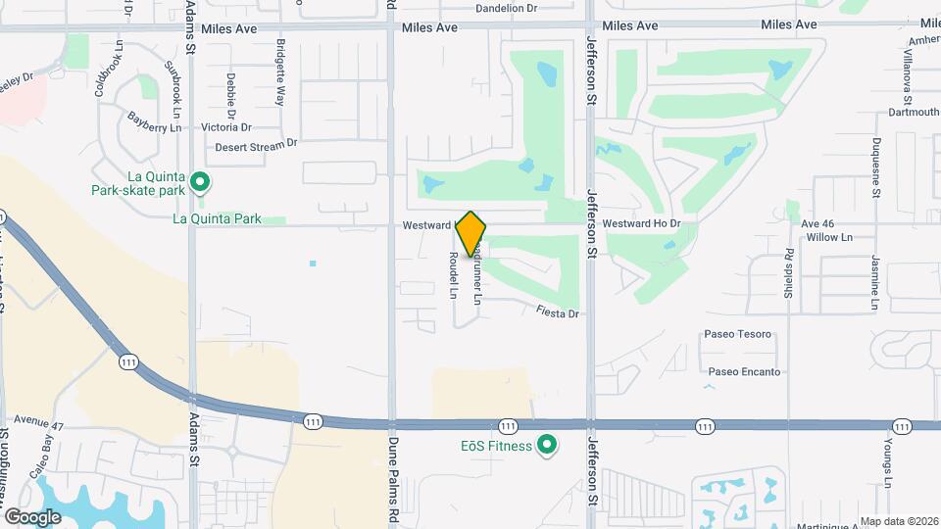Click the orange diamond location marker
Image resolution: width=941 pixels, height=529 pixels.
(x=470, y=234)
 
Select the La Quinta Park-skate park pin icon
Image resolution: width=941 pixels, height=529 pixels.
(x=200, y=181)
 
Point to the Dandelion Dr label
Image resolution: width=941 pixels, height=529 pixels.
(x=507, y=8)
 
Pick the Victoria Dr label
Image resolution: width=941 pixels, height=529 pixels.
(x=225, y=127)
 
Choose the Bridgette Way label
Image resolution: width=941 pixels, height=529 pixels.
(x=281, y=72)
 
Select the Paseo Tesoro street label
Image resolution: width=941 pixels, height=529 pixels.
(x=738, y=334)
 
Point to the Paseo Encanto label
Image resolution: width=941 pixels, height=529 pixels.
(x=744, y=372)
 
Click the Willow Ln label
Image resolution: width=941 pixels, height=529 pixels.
(x=829, y=238)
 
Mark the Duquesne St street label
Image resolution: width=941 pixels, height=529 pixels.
(x=876, y=167)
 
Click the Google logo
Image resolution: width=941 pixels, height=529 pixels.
(x=33, y=516)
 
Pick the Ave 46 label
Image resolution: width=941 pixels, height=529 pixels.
(x=817, y=224)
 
